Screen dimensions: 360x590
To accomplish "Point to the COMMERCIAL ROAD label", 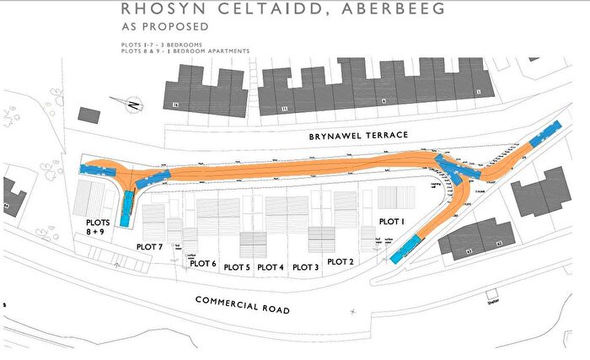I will click(242, 304).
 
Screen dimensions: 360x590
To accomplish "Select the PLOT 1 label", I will click(391, 221).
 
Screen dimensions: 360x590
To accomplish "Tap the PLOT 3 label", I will click(305, 267).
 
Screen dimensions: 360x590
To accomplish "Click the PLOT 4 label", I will click(270, 267).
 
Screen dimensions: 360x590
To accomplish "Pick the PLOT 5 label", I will click(236, 267).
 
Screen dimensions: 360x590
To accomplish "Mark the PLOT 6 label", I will click(202, 263).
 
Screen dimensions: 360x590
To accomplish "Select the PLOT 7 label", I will click(149, 247).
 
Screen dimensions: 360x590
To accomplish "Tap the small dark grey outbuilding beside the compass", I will click(88, 114).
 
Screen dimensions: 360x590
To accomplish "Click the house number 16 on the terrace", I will click(175, 105).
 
